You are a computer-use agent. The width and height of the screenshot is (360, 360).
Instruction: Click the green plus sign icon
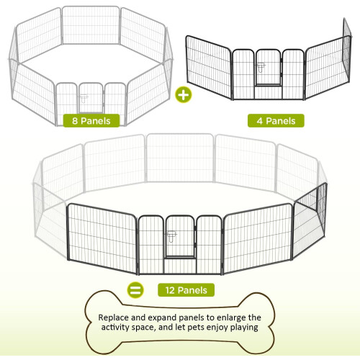click(184, 94)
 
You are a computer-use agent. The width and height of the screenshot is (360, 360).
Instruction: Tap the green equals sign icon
click(135, 290)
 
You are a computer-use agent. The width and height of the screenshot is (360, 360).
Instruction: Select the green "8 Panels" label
click(91, 121)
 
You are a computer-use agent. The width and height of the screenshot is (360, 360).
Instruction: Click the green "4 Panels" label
click(276, 121)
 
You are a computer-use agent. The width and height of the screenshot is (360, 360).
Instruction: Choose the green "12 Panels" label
click(186, 290)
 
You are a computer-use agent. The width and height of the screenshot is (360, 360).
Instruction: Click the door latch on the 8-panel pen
click(84, 99)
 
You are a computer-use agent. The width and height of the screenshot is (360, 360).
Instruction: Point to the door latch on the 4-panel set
click(261, 67)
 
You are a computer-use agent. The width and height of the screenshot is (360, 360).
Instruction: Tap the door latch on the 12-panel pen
click(171, 236)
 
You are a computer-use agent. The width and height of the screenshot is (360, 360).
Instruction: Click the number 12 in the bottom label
click(170, 290)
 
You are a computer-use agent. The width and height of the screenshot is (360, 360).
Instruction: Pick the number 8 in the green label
click(75, 121)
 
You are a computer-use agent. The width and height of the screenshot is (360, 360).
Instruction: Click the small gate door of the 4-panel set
click(268, 67)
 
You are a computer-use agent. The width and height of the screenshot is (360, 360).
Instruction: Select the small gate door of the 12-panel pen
click(180, 236)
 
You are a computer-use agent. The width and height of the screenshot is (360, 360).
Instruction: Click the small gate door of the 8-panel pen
click(91, 98)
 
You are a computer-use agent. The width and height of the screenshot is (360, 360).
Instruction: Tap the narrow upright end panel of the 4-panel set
click(346, 50)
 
